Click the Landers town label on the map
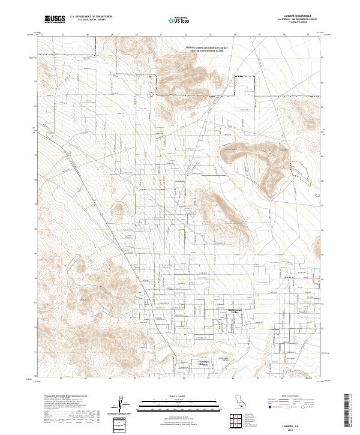pyautogui.click(x=275, y=329)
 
